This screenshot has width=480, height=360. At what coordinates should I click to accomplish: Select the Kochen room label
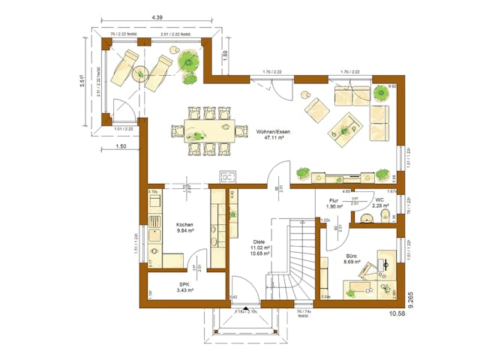click(x=185, y=225)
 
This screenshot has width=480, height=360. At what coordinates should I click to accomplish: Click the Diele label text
click(x=259, y=241)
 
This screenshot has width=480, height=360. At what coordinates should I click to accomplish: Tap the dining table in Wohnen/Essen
click(x=203, y=130)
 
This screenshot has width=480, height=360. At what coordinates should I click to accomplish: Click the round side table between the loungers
click(x=140, y=73)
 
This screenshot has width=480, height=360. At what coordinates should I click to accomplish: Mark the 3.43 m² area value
click(x=184, y=289)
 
